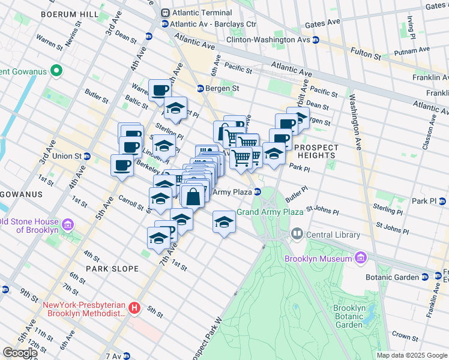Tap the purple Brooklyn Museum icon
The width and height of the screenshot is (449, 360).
pyautogui.click(x=360, y=258)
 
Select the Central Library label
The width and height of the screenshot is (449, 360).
pyautogui.click(x=333, y=235)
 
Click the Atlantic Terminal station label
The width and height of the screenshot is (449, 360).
pyautogui.click(x=202, y=13)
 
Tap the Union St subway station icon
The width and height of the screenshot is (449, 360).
pyautogui.click(x=87, y=156)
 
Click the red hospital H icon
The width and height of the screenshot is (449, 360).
pyautogui.click(x=135, y=308)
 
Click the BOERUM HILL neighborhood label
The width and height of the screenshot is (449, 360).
pyautogui.click(x=67, y=13)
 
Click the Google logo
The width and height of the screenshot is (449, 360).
pyautogui.click(x=19, y=353)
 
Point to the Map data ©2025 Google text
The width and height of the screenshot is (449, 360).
pyautogui.click(x=411, y=355)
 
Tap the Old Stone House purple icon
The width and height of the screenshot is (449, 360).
pyautogui.click(x=67, y=225)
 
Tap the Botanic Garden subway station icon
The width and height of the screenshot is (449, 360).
pyautogui.click(x=425, y=277)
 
